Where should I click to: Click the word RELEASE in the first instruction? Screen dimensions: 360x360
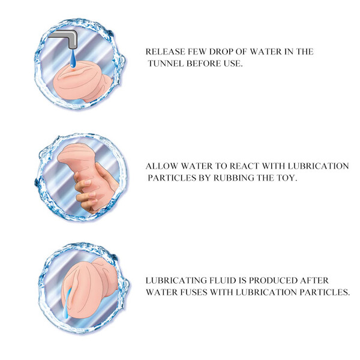(166, 52)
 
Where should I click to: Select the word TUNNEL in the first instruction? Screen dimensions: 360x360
(166, 64)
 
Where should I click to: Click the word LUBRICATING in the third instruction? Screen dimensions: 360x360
(176, 281)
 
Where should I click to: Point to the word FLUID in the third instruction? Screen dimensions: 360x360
(223, 281)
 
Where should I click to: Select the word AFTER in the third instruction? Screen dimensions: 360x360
(314, 281)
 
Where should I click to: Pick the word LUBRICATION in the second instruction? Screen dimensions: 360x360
(318, 166)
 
